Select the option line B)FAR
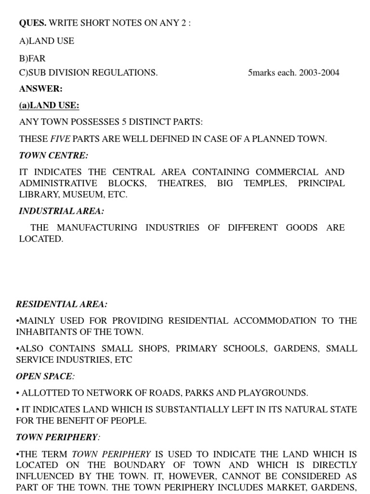tap(32, 58)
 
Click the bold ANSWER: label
tap(41, 89)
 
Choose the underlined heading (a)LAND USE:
tap(49, 105)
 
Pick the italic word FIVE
tap(61, 139)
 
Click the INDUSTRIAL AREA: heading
tap(61, 211)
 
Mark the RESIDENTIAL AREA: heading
tap(62, 304)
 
